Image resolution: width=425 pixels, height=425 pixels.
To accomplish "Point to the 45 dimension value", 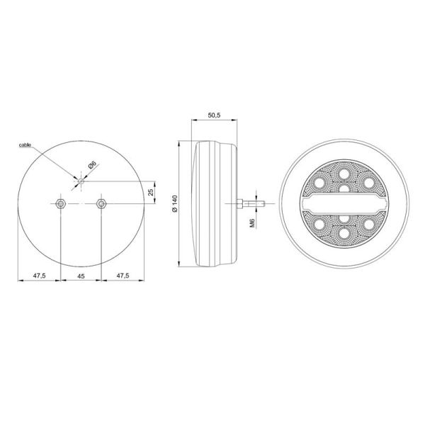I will point(82,276).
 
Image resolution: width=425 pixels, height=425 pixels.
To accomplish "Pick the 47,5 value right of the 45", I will point(123,276).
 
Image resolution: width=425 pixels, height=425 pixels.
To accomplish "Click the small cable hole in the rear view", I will point(81,182).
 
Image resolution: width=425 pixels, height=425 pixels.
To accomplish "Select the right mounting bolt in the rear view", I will point(101,204).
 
